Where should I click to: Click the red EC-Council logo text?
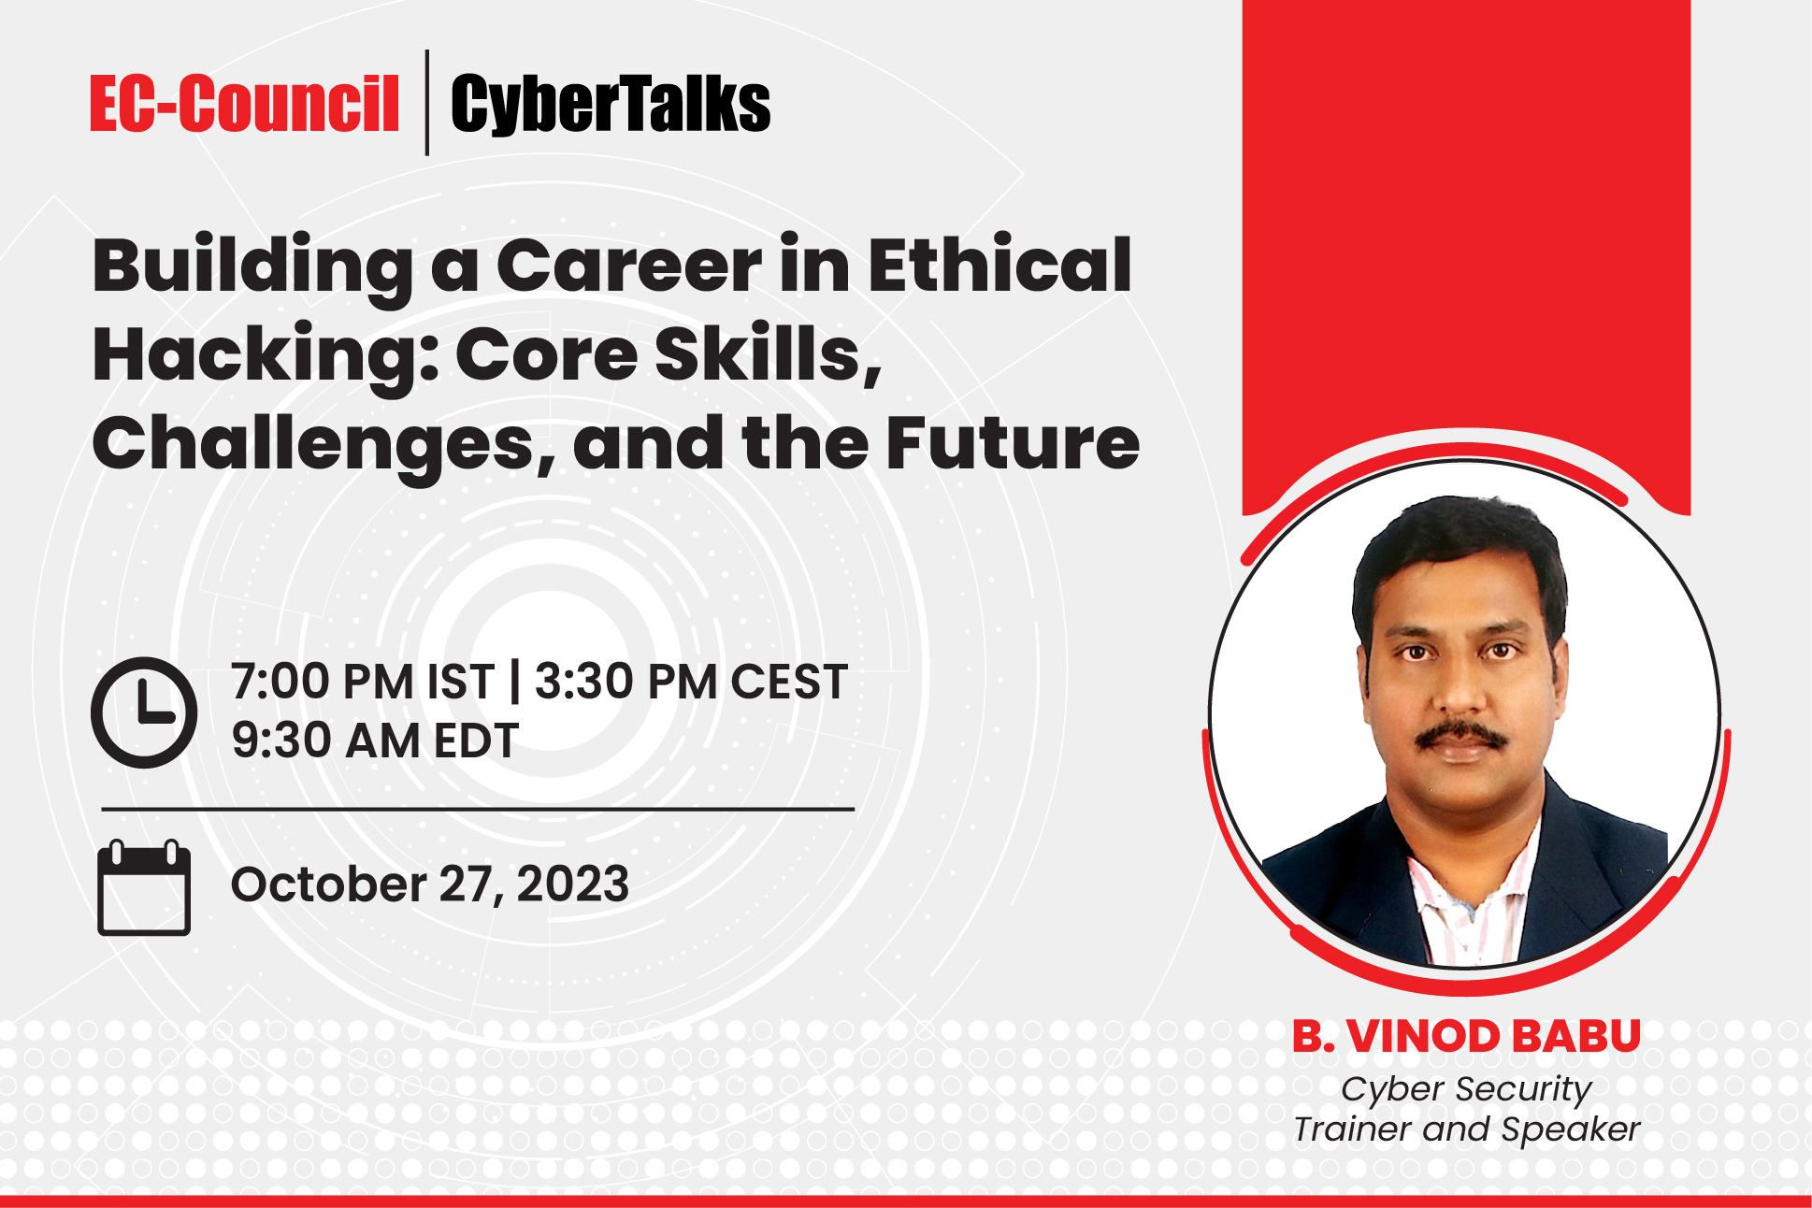[244, 104]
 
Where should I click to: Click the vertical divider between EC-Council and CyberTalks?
[427, 103]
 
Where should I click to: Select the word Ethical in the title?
[999, 266]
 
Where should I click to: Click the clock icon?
[144, 712]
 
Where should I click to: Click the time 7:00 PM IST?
[362, 682]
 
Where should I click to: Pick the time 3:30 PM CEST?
[691, 682]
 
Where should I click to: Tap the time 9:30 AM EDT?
[375, 741]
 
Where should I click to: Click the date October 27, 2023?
[430, 884]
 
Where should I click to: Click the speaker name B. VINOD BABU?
[1466, 1036]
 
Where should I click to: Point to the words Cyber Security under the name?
[1466, 1089]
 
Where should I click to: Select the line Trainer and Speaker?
[1466, 1129]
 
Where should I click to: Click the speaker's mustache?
[1460, 736]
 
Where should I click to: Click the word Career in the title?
[629, 266]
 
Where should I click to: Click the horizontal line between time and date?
[477, 809]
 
